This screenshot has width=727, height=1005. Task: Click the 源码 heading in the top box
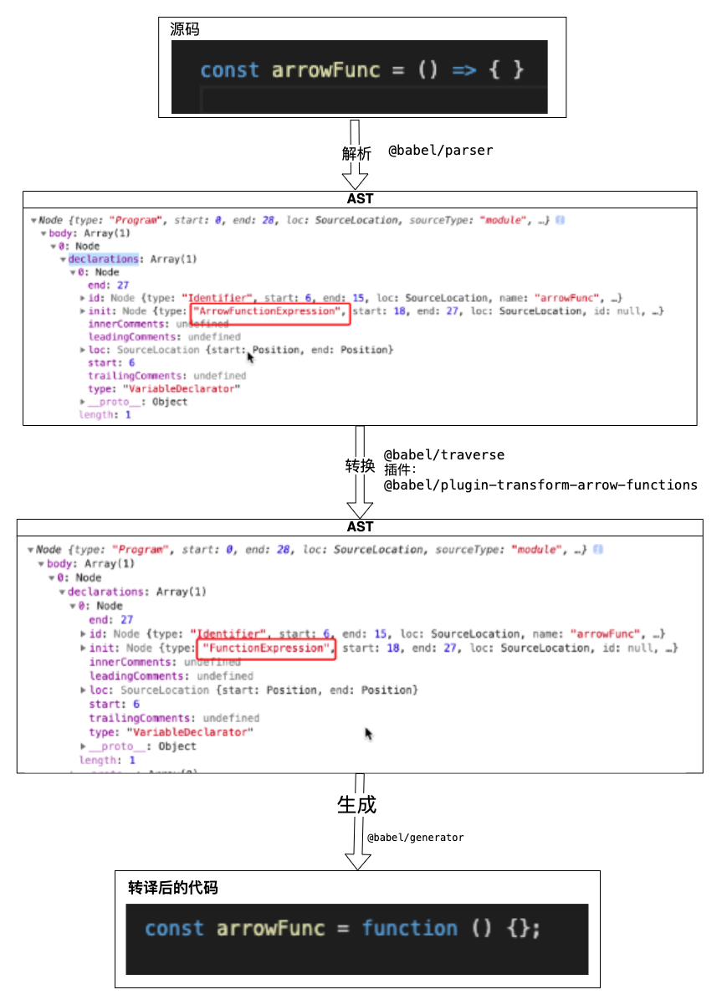coord(185,30)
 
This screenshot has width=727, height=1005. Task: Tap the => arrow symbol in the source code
coord(463,70)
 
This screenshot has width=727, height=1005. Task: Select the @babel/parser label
coord(441,151)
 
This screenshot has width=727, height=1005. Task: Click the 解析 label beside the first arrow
coord(356,153)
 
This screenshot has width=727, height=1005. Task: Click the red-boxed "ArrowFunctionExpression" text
coord(269,311)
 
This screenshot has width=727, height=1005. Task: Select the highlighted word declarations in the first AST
coord(103,259)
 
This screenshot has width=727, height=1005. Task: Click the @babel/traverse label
coord(444,454)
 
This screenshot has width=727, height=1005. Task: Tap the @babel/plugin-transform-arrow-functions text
coord(540,485)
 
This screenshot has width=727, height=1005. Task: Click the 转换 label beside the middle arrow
coord(360,466)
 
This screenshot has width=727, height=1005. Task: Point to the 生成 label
coord(356,805)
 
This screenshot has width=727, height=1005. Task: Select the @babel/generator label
coord(415,837)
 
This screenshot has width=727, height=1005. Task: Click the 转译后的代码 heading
coord(173,888)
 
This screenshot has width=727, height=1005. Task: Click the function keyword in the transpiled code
coord(410,928)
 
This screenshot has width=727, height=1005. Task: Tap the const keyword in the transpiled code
coord(174,928)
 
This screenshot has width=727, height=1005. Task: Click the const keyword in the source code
coord(229,70)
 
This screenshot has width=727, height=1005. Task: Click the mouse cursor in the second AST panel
coord(369,734)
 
